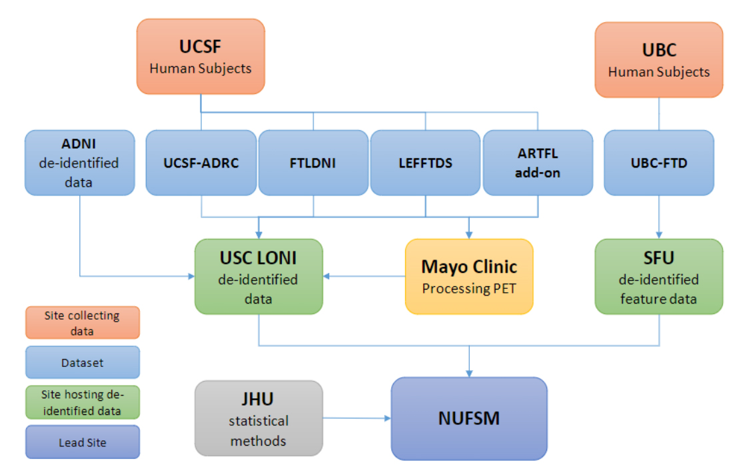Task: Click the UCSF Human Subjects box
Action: (201, 56)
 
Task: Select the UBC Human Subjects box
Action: (658, 60)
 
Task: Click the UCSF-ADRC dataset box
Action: (201, 163)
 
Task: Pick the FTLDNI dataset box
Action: (313, 163)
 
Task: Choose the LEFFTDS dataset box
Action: (425, 163)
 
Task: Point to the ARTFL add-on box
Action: (538, 163)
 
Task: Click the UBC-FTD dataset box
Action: (658, 163)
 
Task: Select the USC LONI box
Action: (259, 276)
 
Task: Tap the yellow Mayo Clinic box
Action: (469, 276)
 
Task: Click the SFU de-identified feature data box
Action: (658, 276)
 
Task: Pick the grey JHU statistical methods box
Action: (259, 418)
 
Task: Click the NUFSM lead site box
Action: (469, 418)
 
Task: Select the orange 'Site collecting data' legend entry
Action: (83, 322)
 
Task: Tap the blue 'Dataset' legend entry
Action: (83, 362)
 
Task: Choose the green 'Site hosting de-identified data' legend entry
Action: (83, 402)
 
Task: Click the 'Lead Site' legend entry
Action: (83, 442)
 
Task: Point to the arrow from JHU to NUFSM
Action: (357, 418)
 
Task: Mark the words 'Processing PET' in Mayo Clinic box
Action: (469, 289)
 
